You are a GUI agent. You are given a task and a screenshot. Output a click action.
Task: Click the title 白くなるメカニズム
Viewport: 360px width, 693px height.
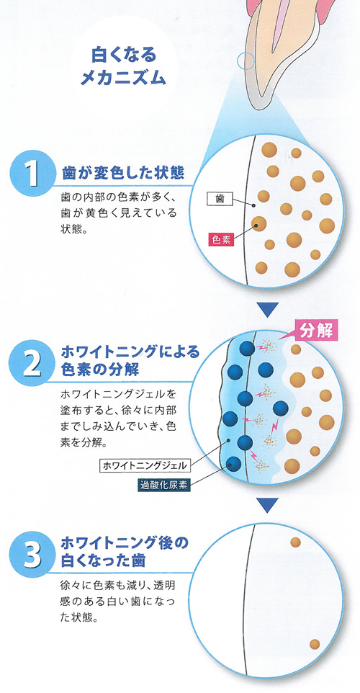(123, 67)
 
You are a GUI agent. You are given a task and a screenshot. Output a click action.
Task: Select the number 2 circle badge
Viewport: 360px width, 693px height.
(31, 363)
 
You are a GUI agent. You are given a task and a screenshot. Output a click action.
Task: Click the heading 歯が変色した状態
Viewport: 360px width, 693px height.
(123, 172)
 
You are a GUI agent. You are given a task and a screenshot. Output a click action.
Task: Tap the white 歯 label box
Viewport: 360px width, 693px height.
(219, 199)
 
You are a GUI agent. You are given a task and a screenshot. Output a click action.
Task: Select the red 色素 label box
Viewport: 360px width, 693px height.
(221, 240)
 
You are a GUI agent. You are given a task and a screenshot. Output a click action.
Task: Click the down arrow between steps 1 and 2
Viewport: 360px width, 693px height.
(268, 310)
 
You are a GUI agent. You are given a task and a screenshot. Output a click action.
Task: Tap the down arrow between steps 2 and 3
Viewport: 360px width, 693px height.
(268, 505)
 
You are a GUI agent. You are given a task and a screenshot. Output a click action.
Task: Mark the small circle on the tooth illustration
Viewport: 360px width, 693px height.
(246, 61)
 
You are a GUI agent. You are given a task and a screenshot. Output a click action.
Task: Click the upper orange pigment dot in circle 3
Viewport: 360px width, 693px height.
(295, 542)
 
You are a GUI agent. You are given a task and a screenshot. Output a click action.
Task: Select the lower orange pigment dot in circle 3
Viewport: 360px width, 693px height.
(315, 644)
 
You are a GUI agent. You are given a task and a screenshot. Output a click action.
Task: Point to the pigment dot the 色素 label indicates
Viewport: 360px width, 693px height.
(259, 224)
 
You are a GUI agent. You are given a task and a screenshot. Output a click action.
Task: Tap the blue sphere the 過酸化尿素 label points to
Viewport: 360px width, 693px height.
(233, 464)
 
